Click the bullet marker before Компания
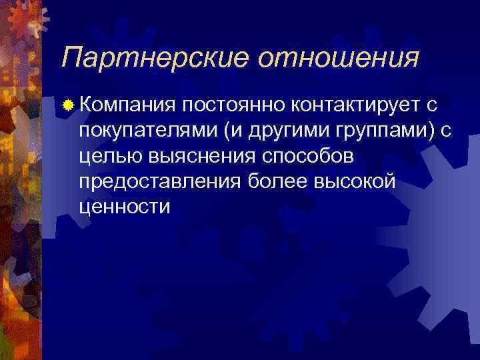(x=67, y=105)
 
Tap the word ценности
(x=124, y=206)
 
